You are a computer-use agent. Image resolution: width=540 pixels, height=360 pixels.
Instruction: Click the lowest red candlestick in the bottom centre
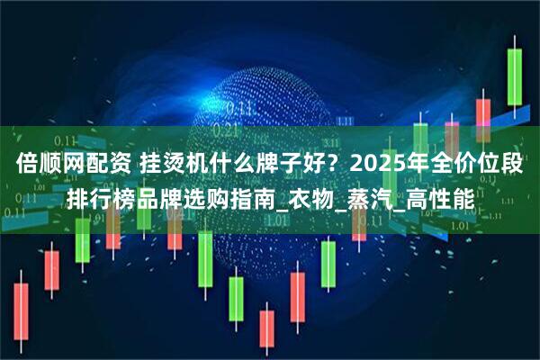point(266,328)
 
